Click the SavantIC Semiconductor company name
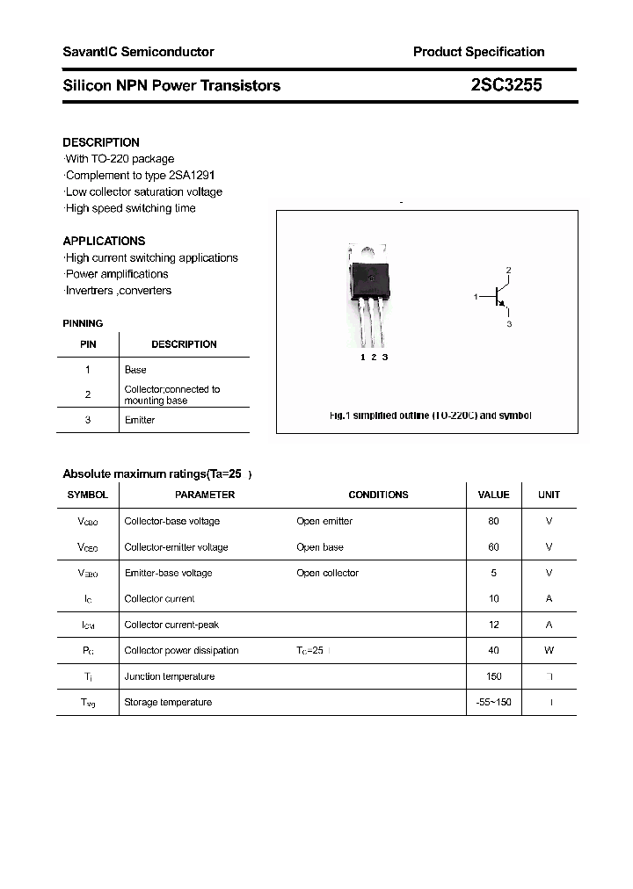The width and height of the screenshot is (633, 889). coord(138,52)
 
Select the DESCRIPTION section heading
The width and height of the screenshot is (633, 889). coord(101,142)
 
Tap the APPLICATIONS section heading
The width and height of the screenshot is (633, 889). coord(104,241)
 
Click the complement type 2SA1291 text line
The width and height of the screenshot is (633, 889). coord(140,175)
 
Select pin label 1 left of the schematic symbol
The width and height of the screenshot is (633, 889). coord(476,297)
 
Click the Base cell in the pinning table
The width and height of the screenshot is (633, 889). coord(135,370)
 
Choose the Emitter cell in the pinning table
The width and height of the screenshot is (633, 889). coord(140,420)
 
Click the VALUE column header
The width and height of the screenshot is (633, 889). coord(493,495)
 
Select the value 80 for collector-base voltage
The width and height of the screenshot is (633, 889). coord(493,521)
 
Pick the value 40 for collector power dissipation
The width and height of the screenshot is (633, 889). coord(493,651)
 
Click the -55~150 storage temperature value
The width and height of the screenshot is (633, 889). coord(493,703)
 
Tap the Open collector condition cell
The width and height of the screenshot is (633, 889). coord(328,573)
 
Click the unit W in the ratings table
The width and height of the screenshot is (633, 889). coord(549,651)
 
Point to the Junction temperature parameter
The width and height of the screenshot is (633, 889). coord(170,676)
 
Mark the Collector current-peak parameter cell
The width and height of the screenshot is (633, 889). coord(171,625)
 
